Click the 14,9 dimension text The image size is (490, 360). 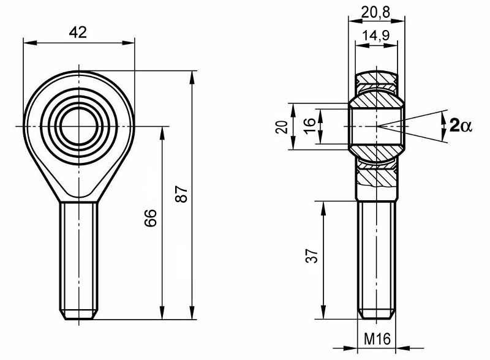(x=376, y=36)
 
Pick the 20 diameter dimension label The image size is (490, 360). (x=282, y=126)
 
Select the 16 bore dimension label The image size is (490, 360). (x=310, y=126)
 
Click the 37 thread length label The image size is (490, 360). (x=312, y=256)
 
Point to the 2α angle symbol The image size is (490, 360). (x=460, y=126)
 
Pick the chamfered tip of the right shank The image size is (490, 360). (x=376, y=315)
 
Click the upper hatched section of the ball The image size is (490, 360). (x=376, y=99)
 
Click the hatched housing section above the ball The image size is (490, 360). (x=376, y=78)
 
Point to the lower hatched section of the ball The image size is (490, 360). (x=376, y=151)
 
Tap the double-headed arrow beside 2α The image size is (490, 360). (x=443, y=126)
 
